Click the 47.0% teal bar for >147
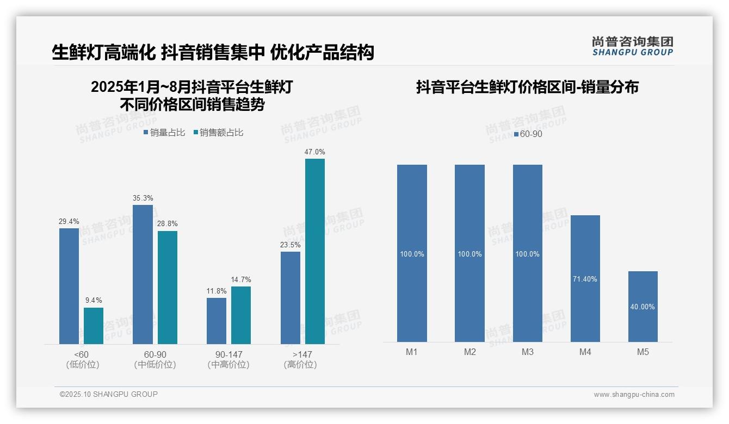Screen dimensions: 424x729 click(x=314, y=251)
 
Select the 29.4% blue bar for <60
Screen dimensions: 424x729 click(x=69, y=286)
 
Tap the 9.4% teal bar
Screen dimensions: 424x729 click(x=94, y=326)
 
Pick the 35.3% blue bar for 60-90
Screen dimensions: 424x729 click(x=143, y=275)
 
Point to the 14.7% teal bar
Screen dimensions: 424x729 click(x=241, y=315)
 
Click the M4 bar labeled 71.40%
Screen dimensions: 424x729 click(x=585, y=278)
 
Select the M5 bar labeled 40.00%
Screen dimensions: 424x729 click(x=642, y=307)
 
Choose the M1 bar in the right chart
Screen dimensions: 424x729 click(x=412, y=253)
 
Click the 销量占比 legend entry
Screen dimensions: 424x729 click(x=164, y=133)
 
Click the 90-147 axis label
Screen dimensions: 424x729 click(x=228, y=355)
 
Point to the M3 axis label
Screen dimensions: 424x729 click(x=527, y=352)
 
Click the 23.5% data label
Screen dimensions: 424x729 click(x=290, y=245)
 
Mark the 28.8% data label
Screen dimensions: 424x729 click(x=168, y=224)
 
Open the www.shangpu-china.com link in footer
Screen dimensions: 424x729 click(x=634, y=395)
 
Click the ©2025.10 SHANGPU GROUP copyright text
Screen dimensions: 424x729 click(x=109, y=394)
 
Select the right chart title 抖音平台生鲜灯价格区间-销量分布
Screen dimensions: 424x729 click(x=527, y=87)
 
